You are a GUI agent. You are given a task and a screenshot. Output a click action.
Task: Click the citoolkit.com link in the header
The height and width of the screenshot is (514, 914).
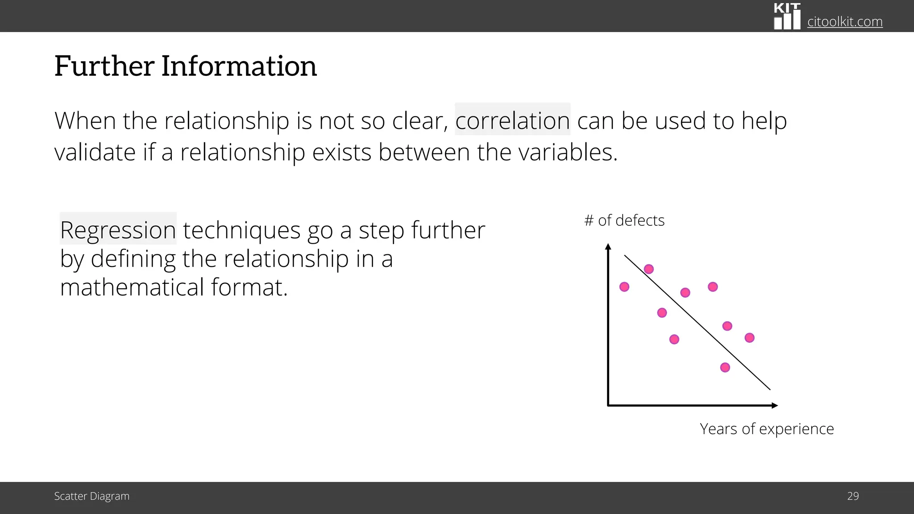coord(844,21)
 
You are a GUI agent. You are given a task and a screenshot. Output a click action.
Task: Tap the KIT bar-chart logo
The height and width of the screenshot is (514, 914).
coord(787,17)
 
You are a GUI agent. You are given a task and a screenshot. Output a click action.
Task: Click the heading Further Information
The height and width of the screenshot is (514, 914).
coord(185,66)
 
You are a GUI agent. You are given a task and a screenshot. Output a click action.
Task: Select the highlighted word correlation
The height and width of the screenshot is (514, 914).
coord(512,120)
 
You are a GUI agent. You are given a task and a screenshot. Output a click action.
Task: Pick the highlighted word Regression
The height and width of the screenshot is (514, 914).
coord(118,230)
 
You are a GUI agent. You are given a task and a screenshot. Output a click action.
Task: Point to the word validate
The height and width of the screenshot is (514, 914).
coord(95,152)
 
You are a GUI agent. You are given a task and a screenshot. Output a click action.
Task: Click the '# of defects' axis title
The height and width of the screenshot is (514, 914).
coord(624,220)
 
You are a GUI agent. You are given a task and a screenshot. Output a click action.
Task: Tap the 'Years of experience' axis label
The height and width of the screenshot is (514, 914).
coord(766,429)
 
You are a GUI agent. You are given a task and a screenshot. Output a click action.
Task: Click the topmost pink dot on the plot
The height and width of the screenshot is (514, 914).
coord(649,269)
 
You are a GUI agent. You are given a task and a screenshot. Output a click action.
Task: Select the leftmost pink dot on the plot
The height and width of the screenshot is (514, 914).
coord(624,287)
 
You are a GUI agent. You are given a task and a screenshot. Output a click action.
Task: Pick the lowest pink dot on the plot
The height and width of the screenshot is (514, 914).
coord(725,368)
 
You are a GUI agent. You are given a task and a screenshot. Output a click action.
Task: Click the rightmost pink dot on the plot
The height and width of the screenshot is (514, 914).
coord(750,338)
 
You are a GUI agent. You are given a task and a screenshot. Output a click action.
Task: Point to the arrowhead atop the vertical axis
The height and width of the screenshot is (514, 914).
coord(608,246)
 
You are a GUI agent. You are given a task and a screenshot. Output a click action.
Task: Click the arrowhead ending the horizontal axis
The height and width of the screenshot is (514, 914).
coord(775,406)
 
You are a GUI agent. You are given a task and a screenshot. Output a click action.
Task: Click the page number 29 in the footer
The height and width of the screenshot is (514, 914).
coord(853,496)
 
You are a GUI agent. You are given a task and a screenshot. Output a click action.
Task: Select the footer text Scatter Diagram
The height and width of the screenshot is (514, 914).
coord(91,496)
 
